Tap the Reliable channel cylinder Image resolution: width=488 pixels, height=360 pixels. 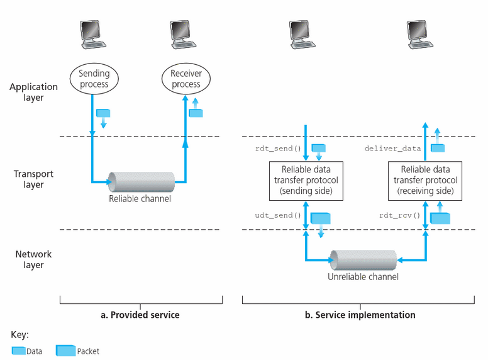click(x=141, y=182)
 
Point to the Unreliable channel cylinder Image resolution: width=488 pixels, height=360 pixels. click(x=363, y=260)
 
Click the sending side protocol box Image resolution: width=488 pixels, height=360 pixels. click(x=306, y=181)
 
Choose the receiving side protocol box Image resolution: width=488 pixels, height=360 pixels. click(x=425, y=181)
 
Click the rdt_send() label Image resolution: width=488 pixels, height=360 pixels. click(x=278, y=149)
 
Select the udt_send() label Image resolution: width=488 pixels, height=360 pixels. click(x=278, y=215)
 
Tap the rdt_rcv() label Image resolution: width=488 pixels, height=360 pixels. click(x=399, y=215)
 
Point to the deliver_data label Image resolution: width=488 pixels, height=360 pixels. click(x=393, y=149)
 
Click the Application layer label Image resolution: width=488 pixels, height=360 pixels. click(x=33, y=92)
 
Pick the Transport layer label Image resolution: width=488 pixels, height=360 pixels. click(x=33, y=179)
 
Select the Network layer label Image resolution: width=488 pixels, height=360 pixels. click(x=33, y=259)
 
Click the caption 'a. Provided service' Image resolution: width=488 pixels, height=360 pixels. click(x=140, y=315)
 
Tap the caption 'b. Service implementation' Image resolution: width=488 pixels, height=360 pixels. click(x=360, y=315)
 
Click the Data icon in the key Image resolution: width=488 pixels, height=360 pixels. click(x=19, y=351)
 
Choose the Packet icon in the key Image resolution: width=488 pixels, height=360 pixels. click(x=65, y=351)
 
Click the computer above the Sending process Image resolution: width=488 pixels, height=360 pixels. click(x=92, y=35)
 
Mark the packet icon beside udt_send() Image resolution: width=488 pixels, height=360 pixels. click(x=321, y=218)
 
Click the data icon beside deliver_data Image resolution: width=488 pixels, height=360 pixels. click(x=438, y=148)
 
